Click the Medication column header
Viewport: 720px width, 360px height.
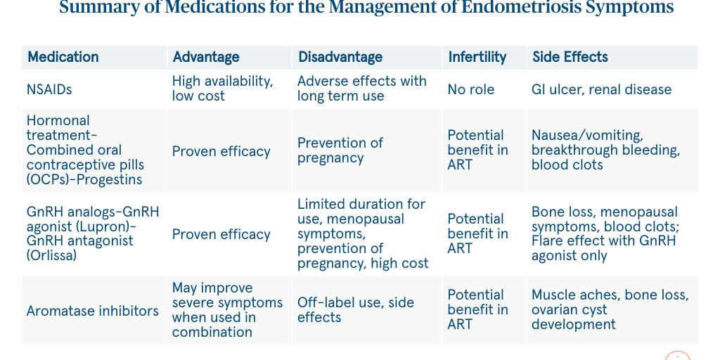(63, 58)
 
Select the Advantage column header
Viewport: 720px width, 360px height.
(205, 58)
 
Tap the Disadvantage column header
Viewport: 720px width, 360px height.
(340, 58)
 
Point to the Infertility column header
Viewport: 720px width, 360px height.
(477, 58)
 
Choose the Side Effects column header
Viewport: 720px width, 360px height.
(570, 58)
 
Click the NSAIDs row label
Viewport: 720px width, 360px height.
(49, 89)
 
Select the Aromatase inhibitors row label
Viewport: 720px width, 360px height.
(93, 310)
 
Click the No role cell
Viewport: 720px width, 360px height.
(470, 89)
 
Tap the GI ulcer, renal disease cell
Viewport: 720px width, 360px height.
(601, 89)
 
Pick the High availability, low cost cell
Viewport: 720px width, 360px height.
(222, 89)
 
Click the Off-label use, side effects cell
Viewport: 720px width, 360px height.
(355, 310)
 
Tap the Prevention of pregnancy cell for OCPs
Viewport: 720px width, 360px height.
(340, 150)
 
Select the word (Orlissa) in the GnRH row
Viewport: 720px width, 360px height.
(53, 256)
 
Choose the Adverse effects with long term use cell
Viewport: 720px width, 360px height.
(361, 89)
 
